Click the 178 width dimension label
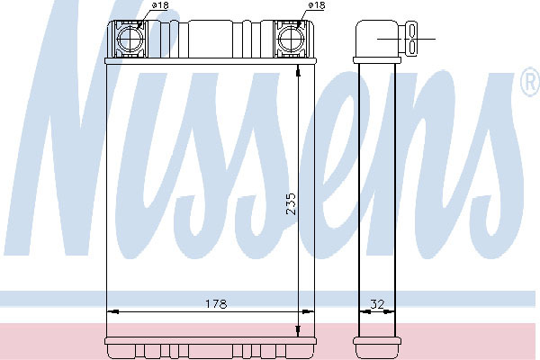click(216, 304)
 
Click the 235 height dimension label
click(291, 204)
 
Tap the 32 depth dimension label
click(377, 304)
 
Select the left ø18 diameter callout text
click(160, 5)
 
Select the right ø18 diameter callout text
click(317, 5)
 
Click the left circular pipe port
click(130, 40)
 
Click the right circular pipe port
click(291, 40)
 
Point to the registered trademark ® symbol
click(530, 82)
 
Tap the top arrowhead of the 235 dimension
click(298, 72)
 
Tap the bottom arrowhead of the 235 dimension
click(298, 331)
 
